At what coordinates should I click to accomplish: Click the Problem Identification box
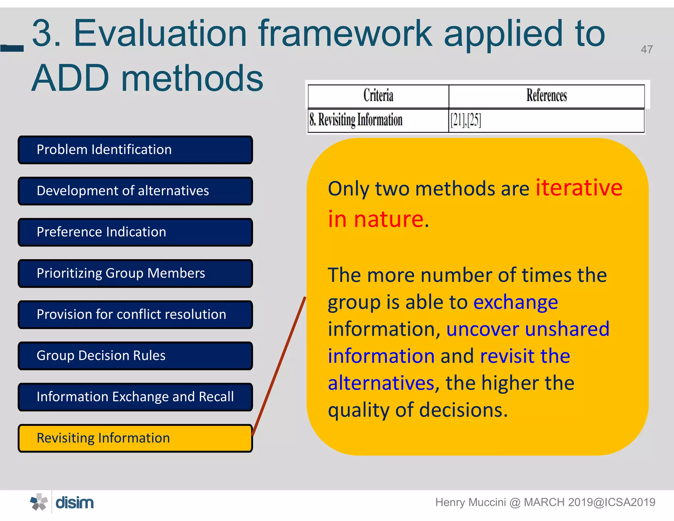[135, 150]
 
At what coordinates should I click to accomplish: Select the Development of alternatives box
[135, 191]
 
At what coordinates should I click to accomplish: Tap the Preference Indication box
[135, 232]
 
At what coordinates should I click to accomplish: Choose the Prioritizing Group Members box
[135, 273]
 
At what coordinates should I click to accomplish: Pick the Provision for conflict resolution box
[135, 315]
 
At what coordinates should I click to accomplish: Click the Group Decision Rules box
[135, 356]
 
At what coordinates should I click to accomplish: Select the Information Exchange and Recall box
[135, 397]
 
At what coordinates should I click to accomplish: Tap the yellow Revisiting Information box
[135, 438]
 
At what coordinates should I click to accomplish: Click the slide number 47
[646, 49]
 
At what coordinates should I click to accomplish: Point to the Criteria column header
[378, 96]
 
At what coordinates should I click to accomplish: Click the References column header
[546, 96]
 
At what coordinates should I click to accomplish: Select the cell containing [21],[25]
[466, 120]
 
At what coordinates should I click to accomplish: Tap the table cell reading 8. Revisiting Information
[355, 120]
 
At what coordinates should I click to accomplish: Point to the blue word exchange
[515, 302]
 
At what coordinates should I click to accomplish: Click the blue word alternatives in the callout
[381, 383]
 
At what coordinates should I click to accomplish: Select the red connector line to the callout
[279, 366]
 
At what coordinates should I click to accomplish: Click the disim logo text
[75, 503]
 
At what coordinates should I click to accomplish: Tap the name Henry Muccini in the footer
[470, 502]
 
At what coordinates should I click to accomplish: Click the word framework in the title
[345, 34]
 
